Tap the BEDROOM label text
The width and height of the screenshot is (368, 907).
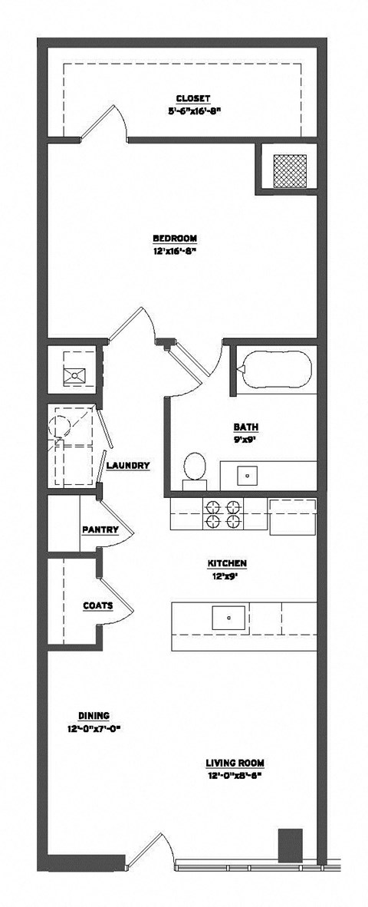point(176,237)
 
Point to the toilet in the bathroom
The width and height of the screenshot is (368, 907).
point(195,468)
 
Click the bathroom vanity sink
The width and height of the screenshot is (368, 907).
point(248,475)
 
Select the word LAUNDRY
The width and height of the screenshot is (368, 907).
point(128,466)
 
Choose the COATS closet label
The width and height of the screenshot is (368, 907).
point(98,605)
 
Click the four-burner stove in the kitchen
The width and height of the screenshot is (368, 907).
point(222,513)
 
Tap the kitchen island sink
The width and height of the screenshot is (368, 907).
point(228,615)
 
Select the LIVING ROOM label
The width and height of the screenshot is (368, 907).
point(235,763)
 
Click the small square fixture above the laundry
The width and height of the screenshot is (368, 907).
point(75,374)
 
